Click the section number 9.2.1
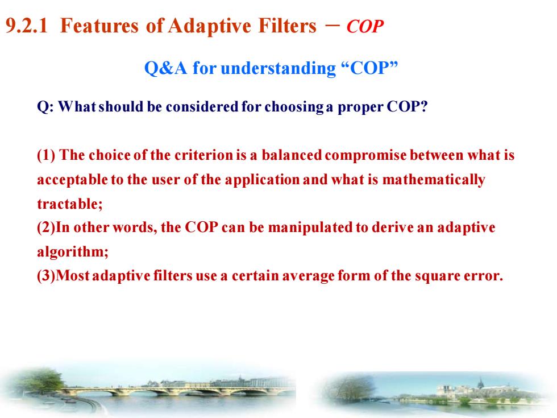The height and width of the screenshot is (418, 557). click(x=27, y=26)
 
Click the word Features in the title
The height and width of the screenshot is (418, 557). click(x=99, y=26)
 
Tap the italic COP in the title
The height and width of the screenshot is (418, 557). click(x=365, y=27)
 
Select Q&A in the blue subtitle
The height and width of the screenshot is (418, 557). click(x=165, y=68)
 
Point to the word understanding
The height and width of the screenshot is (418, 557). click(x=278, y=68)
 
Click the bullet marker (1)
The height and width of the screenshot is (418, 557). click(x=46, y=155)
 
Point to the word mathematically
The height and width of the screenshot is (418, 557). click(x=434, y=180)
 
